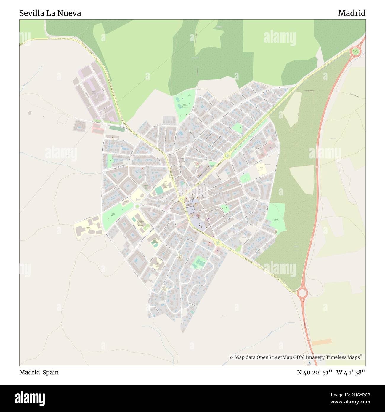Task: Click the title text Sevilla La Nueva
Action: click(50, 13)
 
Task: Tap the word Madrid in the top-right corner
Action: click(352, 13)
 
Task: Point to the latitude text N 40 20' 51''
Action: click(315, 372)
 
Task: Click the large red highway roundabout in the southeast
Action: click(302, 293)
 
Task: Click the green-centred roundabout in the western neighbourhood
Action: click(137, 206)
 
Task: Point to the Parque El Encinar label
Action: click(276, 220)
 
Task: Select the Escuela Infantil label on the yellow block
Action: click(261, 169)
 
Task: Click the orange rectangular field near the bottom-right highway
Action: click(321, 342)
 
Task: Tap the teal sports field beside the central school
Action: click(159, 191)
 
